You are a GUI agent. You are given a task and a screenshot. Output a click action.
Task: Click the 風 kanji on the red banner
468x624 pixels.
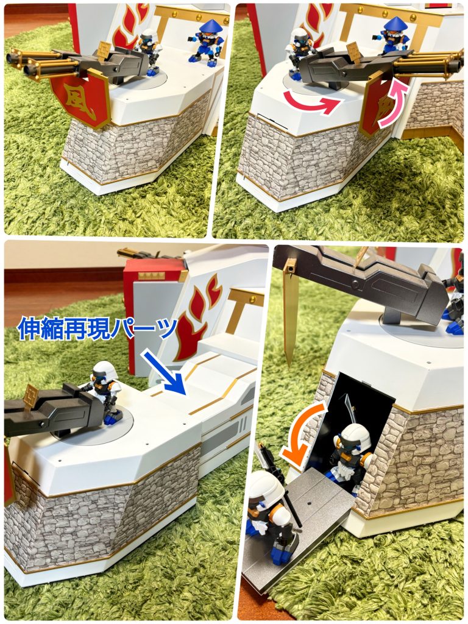80,96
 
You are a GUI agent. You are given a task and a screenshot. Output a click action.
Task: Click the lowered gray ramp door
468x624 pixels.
299,530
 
